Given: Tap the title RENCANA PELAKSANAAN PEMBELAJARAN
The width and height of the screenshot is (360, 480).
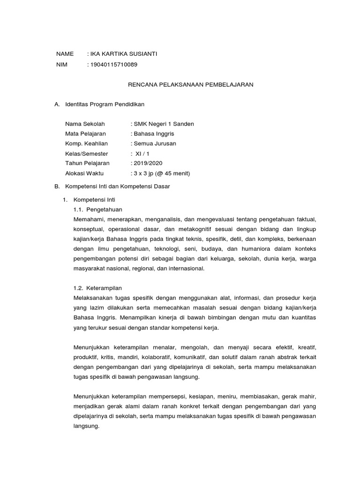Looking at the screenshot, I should [191, 84].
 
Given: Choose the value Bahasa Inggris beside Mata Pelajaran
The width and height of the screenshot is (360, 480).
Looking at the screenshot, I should [154, 134].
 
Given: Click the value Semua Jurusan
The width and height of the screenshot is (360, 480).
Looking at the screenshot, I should [155, 143].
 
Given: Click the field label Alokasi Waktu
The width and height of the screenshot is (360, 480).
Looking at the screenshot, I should [84, 173].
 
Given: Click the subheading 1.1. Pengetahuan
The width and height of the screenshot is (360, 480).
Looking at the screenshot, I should [98, 210].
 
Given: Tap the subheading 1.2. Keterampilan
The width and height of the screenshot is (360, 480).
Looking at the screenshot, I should [98, 288].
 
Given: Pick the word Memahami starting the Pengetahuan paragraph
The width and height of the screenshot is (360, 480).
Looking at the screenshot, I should [89, 219].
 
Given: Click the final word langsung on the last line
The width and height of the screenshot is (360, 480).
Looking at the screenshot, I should [86, 427].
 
